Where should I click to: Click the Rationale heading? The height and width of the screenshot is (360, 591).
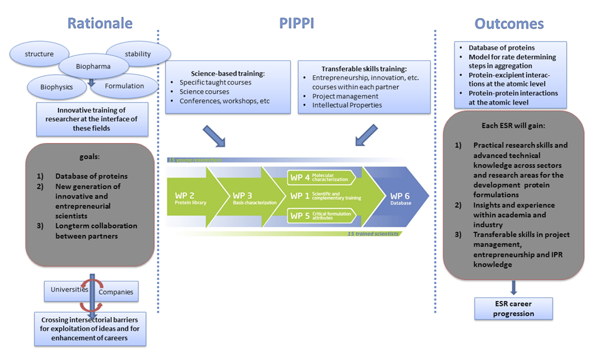click(99, 23)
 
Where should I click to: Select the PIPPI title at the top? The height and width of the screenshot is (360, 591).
click(297, 23)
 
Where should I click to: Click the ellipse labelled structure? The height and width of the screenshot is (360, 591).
click(39, 54)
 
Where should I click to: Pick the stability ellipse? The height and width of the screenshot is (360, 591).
click(137, 54)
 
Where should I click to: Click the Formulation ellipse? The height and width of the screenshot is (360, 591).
click(124, 86)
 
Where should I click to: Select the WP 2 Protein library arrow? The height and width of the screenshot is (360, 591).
click(188, 198)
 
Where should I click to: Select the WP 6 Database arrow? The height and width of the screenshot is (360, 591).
click(398, 198)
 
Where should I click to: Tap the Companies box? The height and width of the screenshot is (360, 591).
click(116, 292)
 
